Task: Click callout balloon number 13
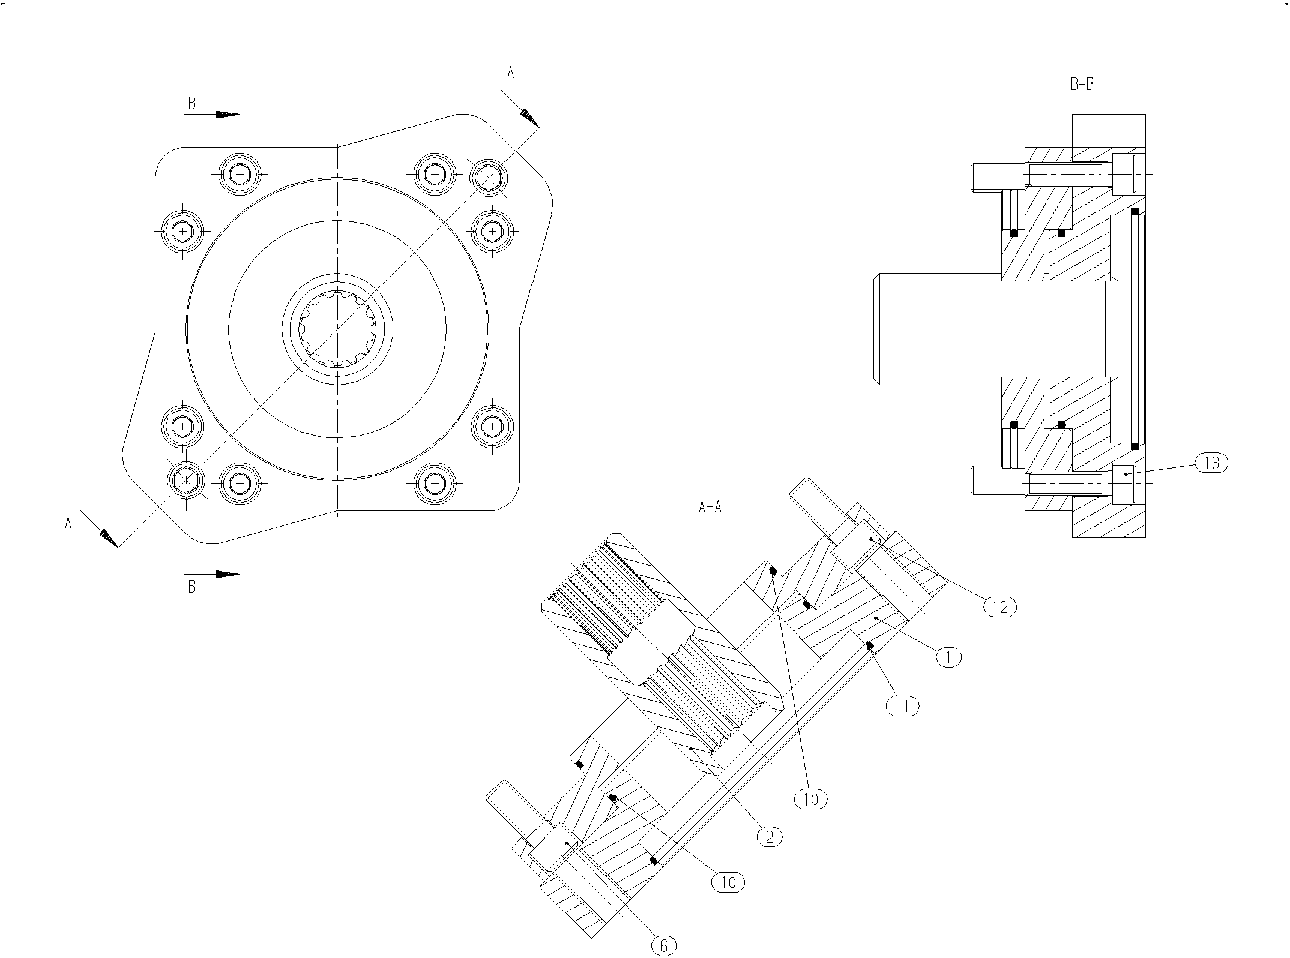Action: tap(1211, 463)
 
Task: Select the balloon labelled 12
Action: tap(1000, 607)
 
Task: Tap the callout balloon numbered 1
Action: tap(948, 657)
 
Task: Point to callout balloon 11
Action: tap(902, 706)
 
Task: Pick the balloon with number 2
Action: tap(770, 836)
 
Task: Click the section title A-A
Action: tap(710, 507)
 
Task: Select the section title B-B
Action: tap(1082, 85)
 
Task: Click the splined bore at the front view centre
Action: tap(337, 328)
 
